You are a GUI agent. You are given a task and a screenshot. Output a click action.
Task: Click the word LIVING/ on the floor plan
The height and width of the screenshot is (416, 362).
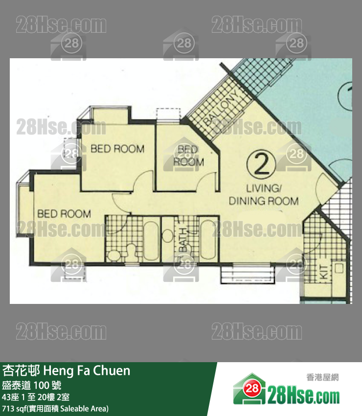[x=264, y=188]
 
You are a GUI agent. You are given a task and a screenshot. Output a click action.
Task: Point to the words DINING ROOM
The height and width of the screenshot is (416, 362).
[x=264, y=201]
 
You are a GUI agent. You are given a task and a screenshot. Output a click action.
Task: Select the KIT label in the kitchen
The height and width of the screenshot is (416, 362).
[x=325, y=272]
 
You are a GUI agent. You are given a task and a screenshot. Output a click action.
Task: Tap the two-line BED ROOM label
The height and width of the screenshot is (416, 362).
[x=188, y=156]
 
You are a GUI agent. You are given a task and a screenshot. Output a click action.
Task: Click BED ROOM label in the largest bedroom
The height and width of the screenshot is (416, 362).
[x=64, y=214]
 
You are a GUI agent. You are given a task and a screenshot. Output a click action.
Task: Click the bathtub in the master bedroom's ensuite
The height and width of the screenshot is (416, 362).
[x=151, y=241]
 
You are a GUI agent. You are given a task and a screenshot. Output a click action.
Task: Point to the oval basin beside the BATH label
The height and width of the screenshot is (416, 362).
[x=167, y=236]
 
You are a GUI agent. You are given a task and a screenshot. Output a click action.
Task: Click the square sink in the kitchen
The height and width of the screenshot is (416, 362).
[x=339, y=268]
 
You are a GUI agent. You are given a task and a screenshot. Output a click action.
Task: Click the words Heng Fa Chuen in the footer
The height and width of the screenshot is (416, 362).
[x=87, y=370]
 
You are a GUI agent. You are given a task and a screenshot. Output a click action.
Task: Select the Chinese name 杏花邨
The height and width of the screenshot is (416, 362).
[x=21, y=370]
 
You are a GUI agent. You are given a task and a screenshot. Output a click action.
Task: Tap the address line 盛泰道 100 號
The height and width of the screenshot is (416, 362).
[x=32, y=385]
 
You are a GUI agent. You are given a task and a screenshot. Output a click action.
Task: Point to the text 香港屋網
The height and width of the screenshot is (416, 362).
[x=322, y=377]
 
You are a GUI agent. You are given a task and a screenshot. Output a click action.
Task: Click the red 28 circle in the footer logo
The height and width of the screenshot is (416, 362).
[x=251, y=389]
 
